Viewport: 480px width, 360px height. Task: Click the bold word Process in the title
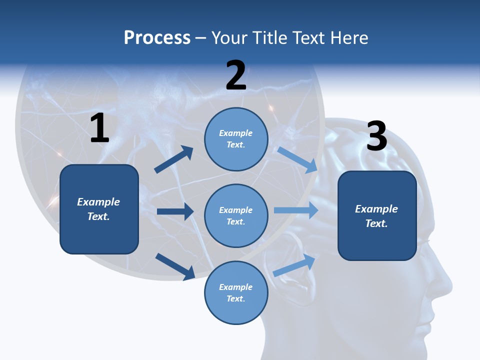tap(157, 38)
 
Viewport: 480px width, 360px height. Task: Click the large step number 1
tap(99, 128)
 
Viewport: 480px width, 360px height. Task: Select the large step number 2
tap(236, 75)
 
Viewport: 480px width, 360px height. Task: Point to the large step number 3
tap(376, 136)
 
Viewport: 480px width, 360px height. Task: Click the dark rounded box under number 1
tap(99, 209)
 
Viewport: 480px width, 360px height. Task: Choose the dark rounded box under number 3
tap(377, 215)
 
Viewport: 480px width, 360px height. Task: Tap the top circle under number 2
tap(236, 139)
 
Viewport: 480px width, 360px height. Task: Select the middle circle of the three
tap(236, 215)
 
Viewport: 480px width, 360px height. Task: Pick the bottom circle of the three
tap(236, 292)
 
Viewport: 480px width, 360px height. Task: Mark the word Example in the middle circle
tap(236, 210)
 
